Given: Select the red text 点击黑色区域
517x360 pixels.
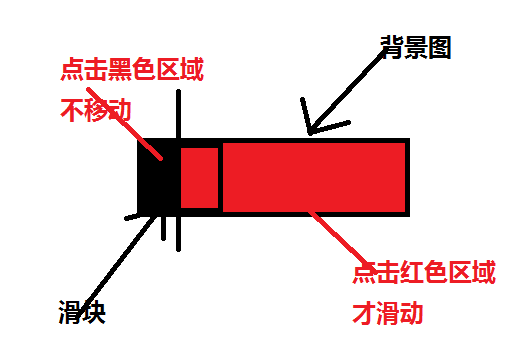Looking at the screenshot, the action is click(131, 70).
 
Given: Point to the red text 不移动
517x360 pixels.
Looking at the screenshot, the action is click(96, 107).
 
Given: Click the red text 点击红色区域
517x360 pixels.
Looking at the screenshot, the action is click(423, 274).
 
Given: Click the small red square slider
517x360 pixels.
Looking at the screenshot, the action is click(199, 178).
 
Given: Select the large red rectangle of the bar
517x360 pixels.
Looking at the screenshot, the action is click(313, 177).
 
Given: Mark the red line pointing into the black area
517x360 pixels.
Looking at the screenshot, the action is click(150, 143).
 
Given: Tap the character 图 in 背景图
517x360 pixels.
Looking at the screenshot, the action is click(438, 46).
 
